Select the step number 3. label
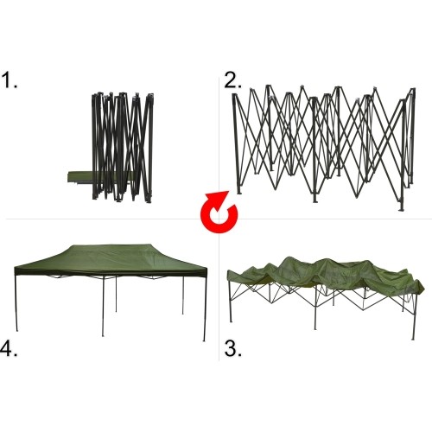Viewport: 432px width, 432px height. click(232, 349)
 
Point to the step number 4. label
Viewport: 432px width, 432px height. click(9, 349)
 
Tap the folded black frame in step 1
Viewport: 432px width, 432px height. click(123, 147)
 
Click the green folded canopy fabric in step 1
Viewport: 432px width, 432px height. click(80, 176)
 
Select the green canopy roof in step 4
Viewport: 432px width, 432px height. click(111, 261)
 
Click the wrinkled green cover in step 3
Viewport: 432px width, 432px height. click(326, 272)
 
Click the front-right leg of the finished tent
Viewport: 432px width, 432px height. click(205, 308)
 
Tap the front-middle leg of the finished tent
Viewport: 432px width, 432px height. click(103, 307)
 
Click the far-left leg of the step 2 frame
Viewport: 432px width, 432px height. click(236, 144)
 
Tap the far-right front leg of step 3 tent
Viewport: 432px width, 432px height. click(415, 316)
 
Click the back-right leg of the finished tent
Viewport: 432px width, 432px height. click(183, 295)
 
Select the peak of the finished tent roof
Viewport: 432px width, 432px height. click(111, 245)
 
